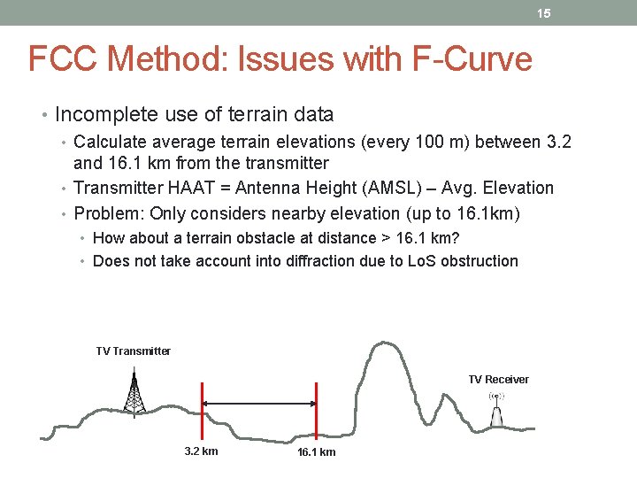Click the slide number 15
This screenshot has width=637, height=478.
[x=545, y=14]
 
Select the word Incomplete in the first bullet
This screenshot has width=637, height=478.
[x=104, y=114]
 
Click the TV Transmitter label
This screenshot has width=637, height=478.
[x=133, y=351]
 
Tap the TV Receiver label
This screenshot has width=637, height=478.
[x=498, y=380]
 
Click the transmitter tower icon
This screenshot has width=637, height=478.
[x=134, y=394]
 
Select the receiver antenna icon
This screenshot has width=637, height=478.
[x=497, y=409]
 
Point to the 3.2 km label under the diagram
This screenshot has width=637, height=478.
[x=201, y=451]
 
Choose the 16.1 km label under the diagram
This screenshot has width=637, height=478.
[x=316, y=452]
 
